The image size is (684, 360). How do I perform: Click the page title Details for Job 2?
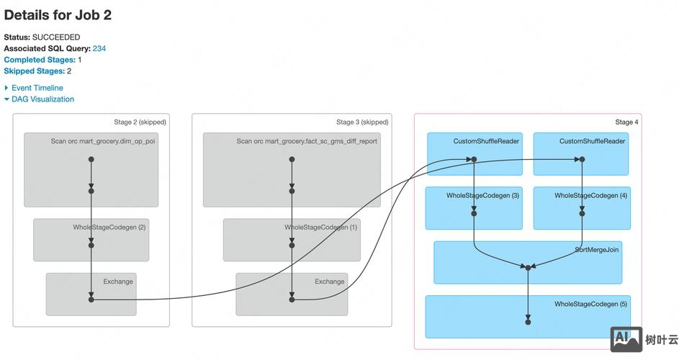pos(58,14)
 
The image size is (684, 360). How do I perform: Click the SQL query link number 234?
pos(99,48)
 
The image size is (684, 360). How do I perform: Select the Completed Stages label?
pos(40,60)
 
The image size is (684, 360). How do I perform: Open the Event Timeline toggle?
pos(37,88)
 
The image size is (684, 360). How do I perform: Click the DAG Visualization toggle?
pos(42,99)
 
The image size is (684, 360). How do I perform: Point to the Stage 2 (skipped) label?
pos(140,122)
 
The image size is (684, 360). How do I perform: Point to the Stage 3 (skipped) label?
pos(362,122)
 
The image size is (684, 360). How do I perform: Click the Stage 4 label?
pos(626,122)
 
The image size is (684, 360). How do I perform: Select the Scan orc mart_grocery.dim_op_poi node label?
pos(103,141)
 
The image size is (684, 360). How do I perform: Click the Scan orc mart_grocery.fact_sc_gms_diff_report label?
pos(307,141)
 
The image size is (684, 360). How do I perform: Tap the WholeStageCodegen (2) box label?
pos(109,228)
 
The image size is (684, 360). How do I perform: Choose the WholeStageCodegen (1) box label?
pos(320,228)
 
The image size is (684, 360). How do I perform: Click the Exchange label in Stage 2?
pos(118,282)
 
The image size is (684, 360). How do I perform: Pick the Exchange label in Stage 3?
pos(330,282)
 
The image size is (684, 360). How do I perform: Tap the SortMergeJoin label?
pos(598,250)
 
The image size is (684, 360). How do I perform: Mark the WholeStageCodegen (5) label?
pos(590,305)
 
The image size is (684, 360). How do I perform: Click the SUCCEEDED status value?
pos(56,37)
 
